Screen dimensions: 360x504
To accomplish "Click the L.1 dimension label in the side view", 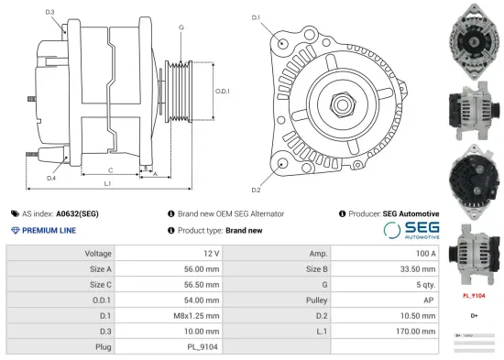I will pyautogui.click(x=107, y=185).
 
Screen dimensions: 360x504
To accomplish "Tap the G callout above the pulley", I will pyautogui.click(x=181, y=27).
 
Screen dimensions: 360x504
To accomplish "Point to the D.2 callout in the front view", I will pyautogui.click(x=256, y=190).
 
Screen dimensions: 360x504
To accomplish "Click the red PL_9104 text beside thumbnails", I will pyautogui.click(x=472, y=297).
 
